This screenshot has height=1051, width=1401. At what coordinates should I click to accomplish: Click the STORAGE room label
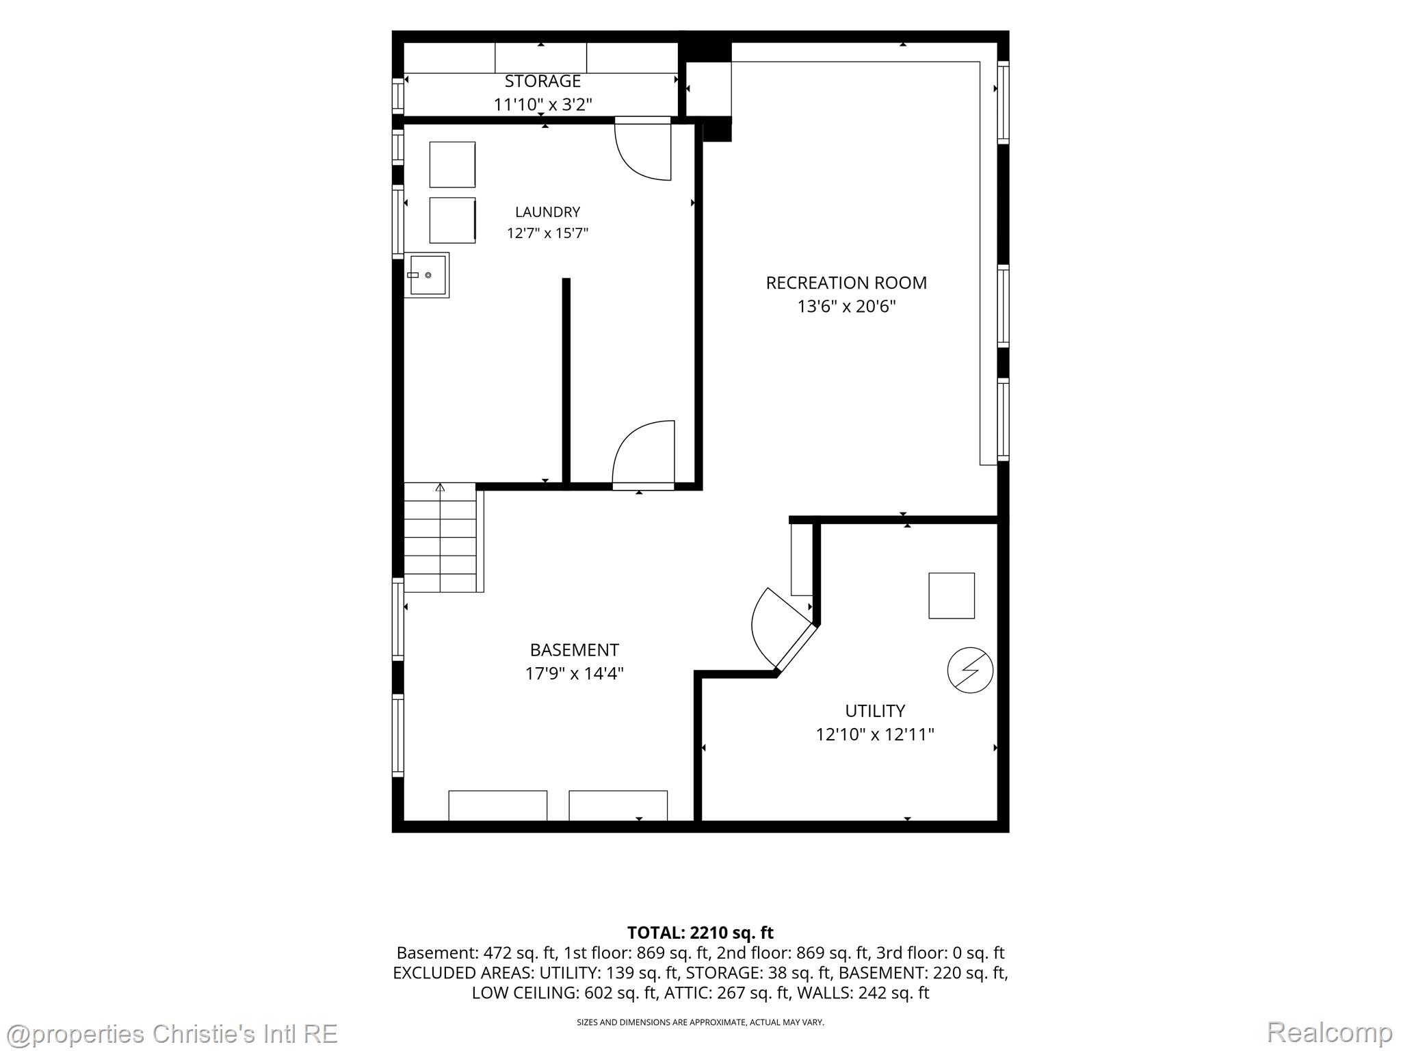click(x=542, y=81)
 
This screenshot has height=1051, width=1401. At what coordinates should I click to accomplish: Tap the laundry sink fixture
click(x=428, y=275)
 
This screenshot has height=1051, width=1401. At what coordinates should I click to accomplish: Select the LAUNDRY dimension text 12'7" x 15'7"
click(x=547, y=233)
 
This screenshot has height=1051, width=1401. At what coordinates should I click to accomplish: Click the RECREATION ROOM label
click(x=846, y=283)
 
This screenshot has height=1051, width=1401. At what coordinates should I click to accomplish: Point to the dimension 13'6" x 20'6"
click(x=846, y=306)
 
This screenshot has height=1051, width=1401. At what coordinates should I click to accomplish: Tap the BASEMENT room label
click(x=575, y=650)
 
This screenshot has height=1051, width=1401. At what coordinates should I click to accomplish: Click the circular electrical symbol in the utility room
click(x=970, y=670)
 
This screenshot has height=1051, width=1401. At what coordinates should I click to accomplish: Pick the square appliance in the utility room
click(x=952, y=596)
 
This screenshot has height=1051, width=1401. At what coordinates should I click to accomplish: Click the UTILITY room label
click(x=875, y=711)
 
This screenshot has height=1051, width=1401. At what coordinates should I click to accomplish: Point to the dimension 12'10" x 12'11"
click(x=875, y=734)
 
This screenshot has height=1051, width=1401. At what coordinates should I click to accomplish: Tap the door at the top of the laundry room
click(x=643, y=149)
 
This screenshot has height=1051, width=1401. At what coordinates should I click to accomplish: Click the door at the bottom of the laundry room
click(x=643, y=453)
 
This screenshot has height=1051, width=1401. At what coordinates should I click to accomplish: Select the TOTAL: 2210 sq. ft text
click(x=700, y=933)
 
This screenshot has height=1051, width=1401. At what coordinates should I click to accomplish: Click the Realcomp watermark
click(x=1329, y=1032)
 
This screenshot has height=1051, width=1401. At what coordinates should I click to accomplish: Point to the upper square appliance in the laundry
click(x=452, y=164)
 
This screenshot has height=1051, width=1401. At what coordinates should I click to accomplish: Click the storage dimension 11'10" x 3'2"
click(x=542, y=105)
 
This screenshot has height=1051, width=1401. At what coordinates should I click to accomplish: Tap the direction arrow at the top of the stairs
click(x=440, y=487)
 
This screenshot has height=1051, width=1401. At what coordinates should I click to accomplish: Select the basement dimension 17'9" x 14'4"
click(x=575, y=673)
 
